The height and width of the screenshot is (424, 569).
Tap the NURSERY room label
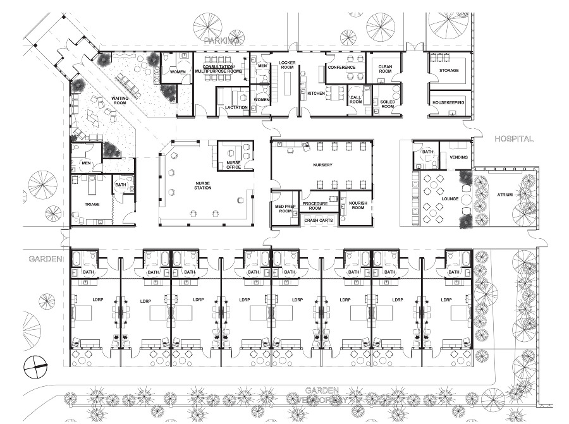[x=322, y=166]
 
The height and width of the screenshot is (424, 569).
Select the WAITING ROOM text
[x=120, y=101]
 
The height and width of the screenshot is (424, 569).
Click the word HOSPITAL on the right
[x=514, y=138]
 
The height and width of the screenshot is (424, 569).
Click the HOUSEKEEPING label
[x=449, y=102]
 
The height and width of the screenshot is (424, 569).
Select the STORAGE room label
[x=449, y=71]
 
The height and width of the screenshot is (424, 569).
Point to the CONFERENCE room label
[x=341, y=68]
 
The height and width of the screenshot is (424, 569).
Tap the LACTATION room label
[x=236, y=107]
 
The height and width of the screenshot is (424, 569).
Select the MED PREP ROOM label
[x=283, y=209]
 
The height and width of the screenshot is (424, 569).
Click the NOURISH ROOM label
[x=359, y=205]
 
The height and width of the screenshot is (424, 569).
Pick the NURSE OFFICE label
[x=234, y=165]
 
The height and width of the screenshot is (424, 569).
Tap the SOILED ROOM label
[x=387, y=104]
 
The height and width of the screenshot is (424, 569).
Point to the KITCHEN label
[x=316, y=93]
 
